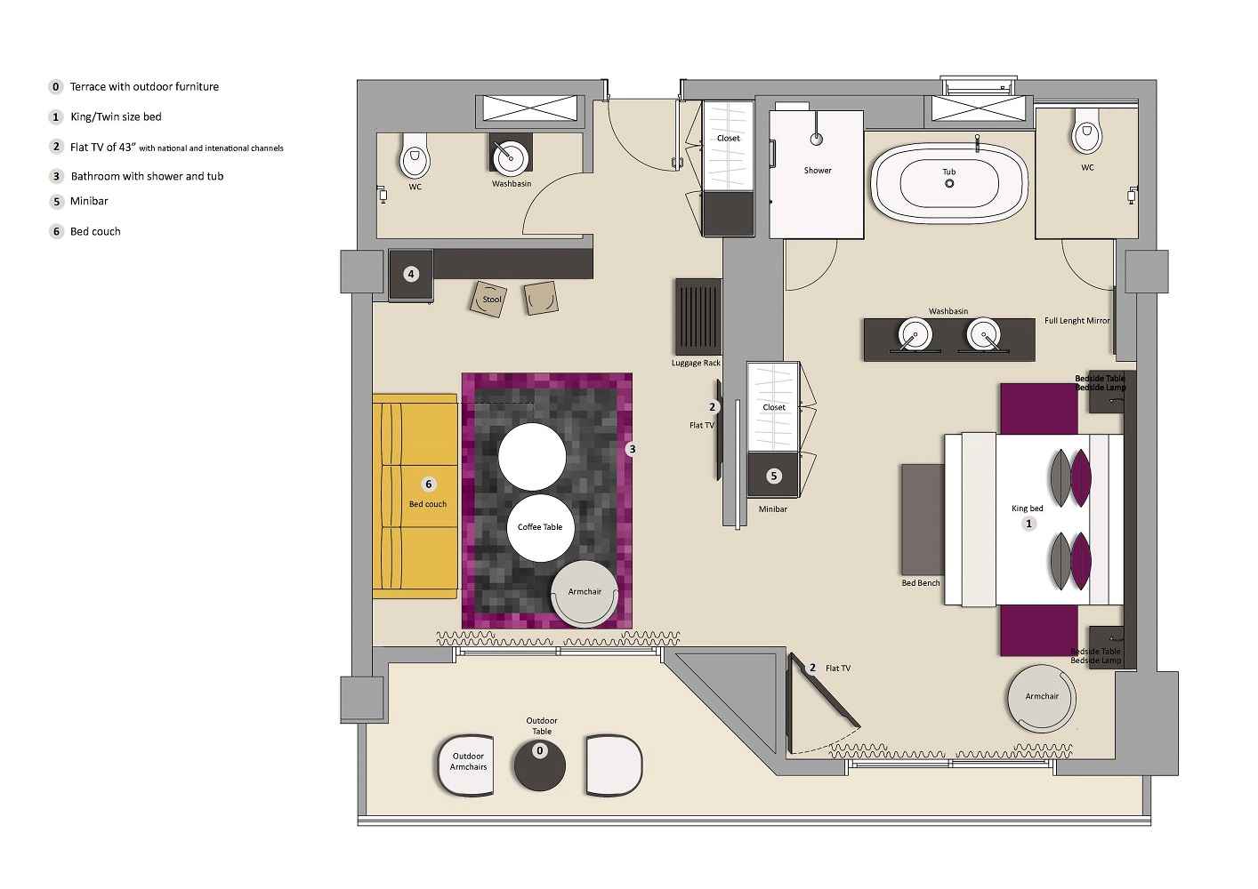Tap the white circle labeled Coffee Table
click(540, 528)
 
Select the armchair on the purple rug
click(585, 593)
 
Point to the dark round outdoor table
click(539, 764)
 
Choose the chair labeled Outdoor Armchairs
click(468, 764)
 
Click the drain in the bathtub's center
click(949, 183)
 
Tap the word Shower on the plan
click(818, 171)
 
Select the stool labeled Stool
click(490, 299)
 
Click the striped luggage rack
click(698, 316)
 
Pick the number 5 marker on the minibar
click(773, 477)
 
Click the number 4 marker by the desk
click(411, 275)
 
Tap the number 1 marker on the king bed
click(1029, 525)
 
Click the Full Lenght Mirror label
click(1077, 321)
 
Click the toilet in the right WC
click(1086, 137)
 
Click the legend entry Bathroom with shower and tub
click(147, 177)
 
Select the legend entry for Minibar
click(89, 202)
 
